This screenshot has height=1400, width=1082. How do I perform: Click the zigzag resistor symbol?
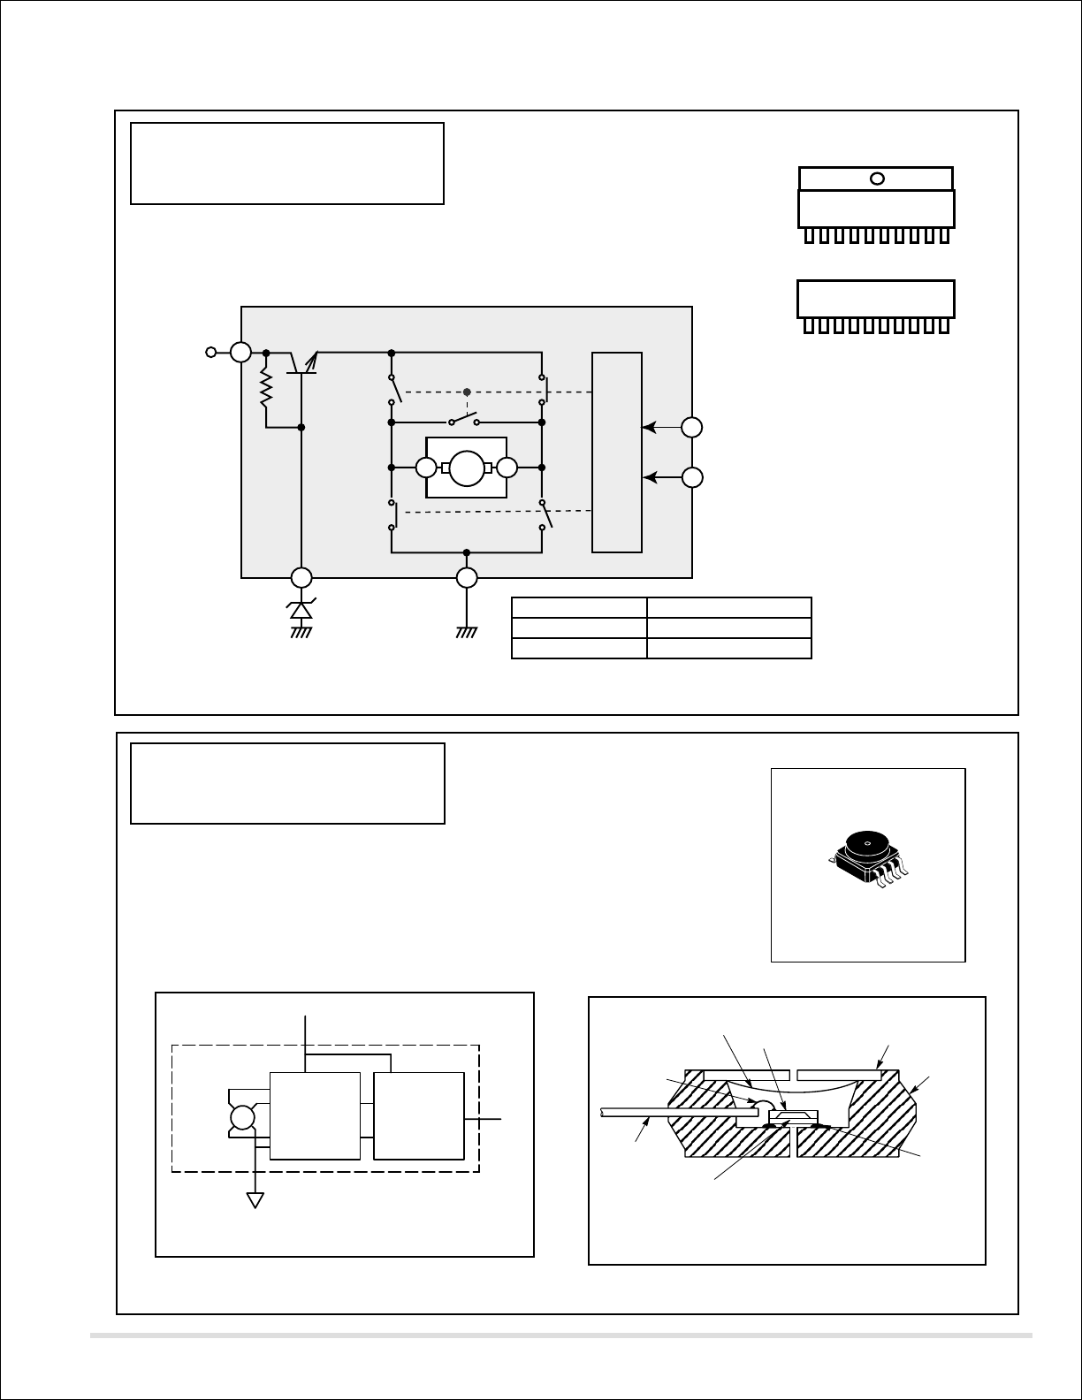click(265, 389)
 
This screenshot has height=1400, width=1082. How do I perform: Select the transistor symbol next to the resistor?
click(302, 361)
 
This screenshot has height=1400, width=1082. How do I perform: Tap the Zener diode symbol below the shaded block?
click(301, 610)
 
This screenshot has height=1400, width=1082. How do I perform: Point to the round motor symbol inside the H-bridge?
click(466, 468)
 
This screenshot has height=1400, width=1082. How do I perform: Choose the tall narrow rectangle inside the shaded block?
click(617, 452)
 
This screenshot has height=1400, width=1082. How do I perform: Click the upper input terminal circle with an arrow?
click(693, 428)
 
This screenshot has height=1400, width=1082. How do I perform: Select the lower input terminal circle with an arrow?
click(693, 477)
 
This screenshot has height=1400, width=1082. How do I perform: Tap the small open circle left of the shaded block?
click(210, 353)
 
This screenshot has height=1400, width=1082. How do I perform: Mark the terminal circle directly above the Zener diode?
click(301, 578)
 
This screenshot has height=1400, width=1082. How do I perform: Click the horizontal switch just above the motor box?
click(464, 419)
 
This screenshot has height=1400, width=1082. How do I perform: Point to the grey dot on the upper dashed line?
click(467, 392)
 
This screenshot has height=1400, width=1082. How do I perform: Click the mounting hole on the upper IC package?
click(877, 179)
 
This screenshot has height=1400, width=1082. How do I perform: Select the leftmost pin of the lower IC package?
click(808, 326)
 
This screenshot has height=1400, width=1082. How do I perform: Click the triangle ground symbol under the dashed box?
click(255, 1200)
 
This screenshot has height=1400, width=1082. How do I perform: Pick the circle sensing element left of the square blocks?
click(241, 1119)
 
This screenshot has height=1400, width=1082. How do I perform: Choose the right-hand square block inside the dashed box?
click(419, 1115)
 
